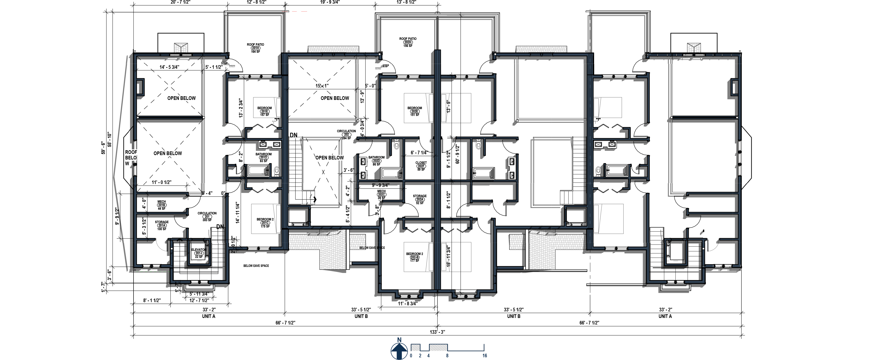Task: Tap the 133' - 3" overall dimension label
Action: pyautogui.click(x=437, y=332)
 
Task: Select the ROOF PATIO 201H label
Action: pyautogui.click(x=255, y=48)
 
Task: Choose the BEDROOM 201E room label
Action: pyautogui.click(x=264, y=111)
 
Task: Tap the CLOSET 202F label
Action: pyautogui.click(x=421, y=166)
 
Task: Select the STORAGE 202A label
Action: pyautogui.click(x=420, y=199)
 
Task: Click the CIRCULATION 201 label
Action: pyautogui.click(x=207, y=217)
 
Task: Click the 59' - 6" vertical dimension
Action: pyautogui.click(x=103, y=148)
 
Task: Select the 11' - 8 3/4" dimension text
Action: pyautogui.click(x=407, y=304)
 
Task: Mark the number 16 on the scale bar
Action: pyautogui.click(x=484, y=356)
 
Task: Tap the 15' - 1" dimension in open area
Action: pyautogui.click(x=322, y=86)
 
